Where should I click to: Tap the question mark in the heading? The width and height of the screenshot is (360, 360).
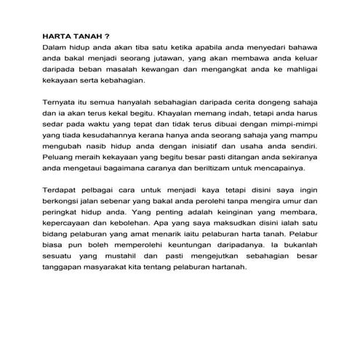(x=107, y=34)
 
